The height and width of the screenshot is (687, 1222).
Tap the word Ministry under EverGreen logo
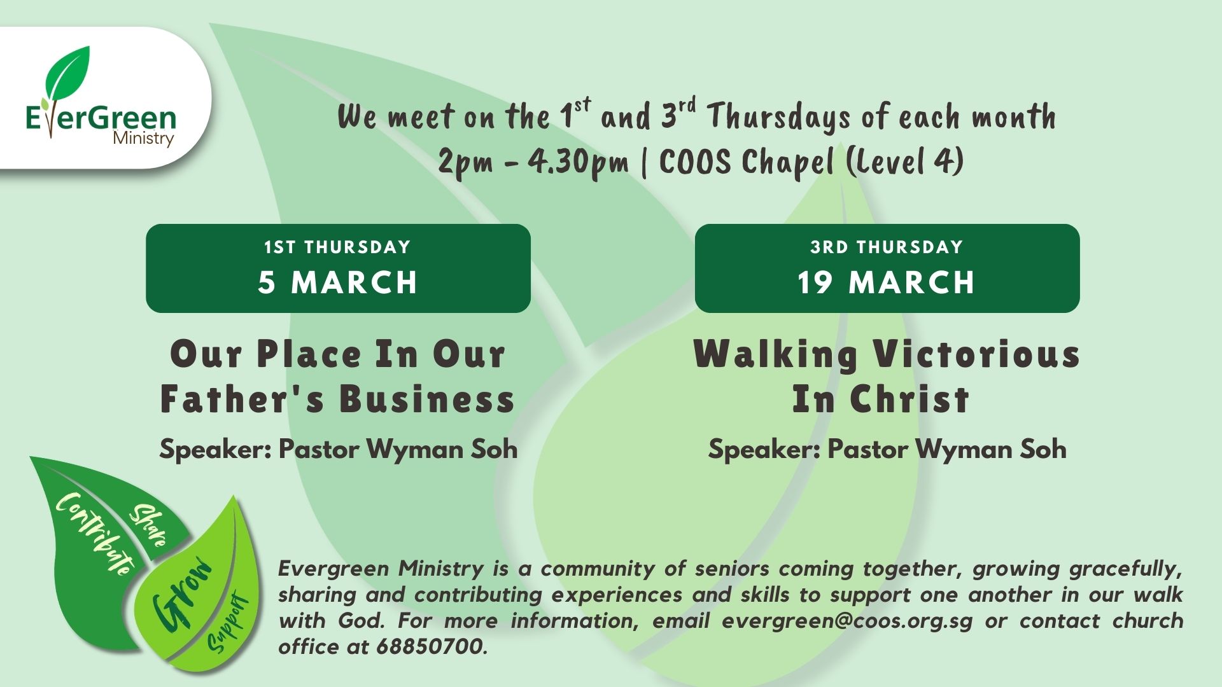(143, 138)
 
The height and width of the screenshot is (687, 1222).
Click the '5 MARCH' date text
(338, 282)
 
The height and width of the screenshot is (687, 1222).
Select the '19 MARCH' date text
(887, 282)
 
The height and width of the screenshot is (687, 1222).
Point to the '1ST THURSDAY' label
(338, 247)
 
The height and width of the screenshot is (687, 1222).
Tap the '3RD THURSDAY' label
(887, 247)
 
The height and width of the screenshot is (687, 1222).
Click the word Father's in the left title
(242, 399)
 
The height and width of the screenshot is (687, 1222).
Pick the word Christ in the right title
(909, 399)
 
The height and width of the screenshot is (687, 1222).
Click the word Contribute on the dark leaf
(95, 533)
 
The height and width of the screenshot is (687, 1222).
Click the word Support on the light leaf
(228, 623)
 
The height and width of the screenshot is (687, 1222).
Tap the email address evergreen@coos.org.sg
(847, 621)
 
